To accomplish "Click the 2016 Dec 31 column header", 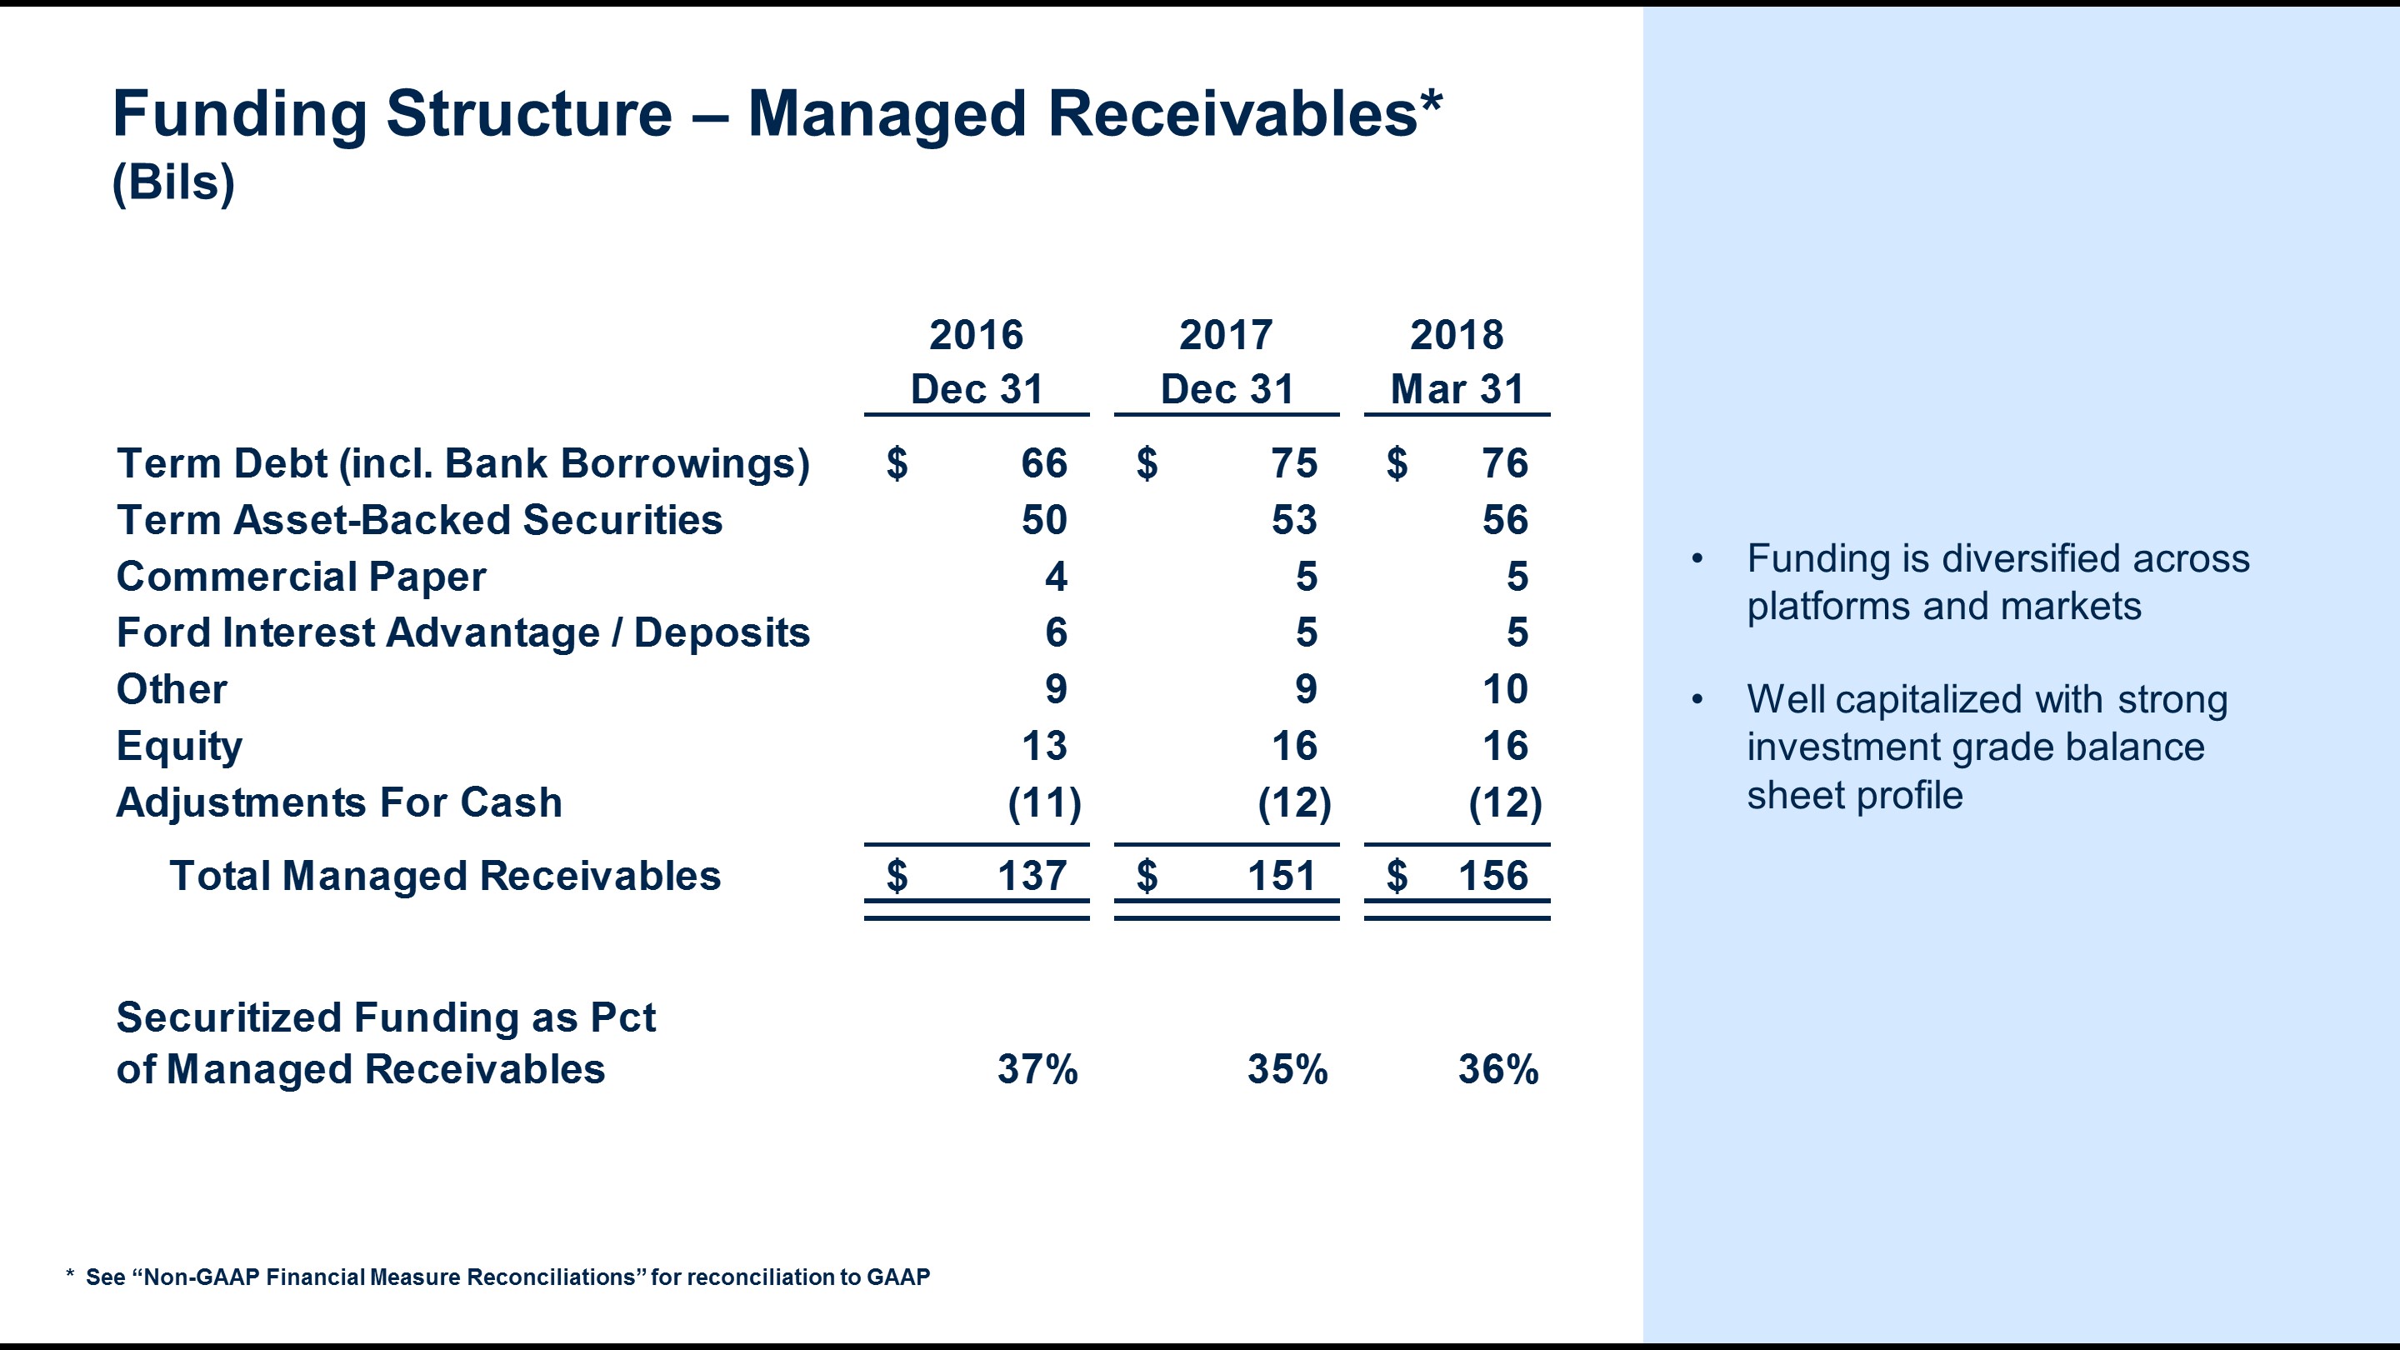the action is click(x=977, y=362).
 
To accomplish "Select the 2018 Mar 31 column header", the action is click(x=1457, y=362).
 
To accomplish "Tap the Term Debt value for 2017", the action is click(x=1294, y=463).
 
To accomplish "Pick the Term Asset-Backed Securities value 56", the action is click(x=1505, y=520).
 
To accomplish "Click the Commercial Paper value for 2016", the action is click(x=1056, y=577).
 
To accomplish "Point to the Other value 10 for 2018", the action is click(x=1505, y=689).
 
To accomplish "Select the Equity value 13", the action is click(x=1043, y=745).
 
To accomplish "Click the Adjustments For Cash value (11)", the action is click(x=1044, y=803).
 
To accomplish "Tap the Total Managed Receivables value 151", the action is click(x=1281, y=876).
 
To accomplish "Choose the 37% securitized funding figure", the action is click(x=1037, y=1069).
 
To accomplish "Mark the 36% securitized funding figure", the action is click(x=1498, y=1069).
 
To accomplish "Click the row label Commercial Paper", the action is click(x=301, y=577).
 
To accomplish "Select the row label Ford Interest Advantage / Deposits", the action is click(x=463, y=632).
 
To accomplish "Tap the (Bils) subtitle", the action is click(x=173, y=182).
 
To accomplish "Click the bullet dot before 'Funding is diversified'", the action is click(x=1697, y=559).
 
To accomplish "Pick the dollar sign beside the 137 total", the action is click(x=897, y=876).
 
